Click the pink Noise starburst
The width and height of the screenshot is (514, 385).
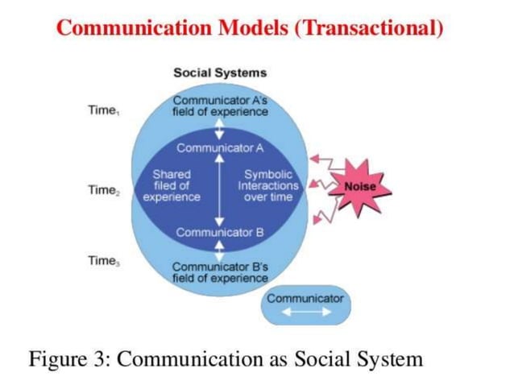click(x=359, y=187)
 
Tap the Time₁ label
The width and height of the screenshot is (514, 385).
click(x=105, y=110)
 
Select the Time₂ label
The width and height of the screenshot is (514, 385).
click(x=105, y=190)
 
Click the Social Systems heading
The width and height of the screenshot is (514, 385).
click(x=220, y=72)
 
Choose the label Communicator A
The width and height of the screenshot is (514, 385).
click(x=220, y=147)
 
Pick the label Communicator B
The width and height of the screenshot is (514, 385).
click(x=220, y=233)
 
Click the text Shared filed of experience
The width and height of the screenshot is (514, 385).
click(x=172, y=185)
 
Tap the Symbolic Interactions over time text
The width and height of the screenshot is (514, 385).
click(x=267, y=185)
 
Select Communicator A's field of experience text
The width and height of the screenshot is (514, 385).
click(x=220, y=106)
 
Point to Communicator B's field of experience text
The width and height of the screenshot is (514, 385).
click(x=220, y=272)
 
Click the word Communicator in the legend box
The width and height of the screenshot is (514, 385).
click(x=305, y=298)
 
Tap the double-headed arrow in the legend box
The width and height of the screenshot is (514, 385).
click(x=305, y=313)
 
